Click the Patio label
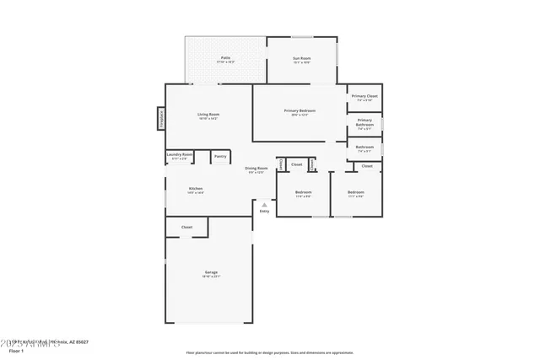(225, 57)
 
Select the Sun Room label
(301, 57)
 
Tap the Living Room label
(208, 115)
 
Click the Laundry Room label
(180, 154)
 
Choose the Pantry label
(219, 156)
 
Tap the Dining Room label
(256, 168)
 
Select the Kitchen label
(196, 188)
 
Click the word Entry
(264, 211)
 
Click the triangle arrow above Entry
(264, 204)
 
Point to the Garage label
(210, 271)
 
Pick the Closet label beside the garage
(186, 227)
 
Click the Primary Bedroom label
(300, 110)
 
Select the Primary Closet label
(364, 96)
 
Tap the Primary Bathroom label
(364, 122)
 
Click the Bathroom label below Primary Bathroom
(364, 147)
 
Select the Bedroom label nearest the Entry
(304, 192)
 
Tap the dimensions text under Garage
(210, 277)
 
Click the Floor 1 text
(15, 350)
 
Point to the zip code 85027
(81, 342)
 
